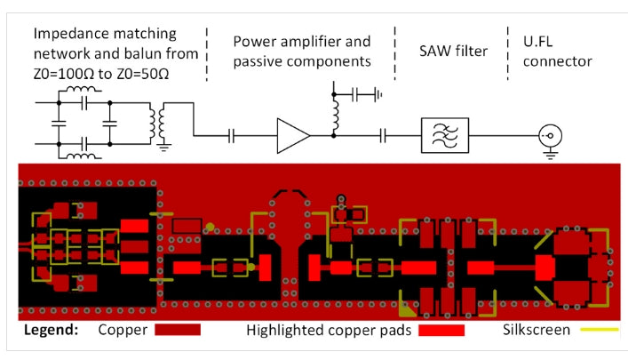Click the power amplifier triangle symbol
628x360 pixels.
(x=292, y=135)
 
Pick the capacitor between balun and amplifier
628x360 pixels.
(x=232, y=135)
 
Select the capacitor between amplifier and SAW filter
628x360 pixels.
(x=383, y=135)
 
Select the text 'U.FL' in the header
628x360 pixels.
(x=529, y=39)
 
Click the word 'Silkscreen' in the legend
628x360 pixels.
(x=530, y=330)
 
